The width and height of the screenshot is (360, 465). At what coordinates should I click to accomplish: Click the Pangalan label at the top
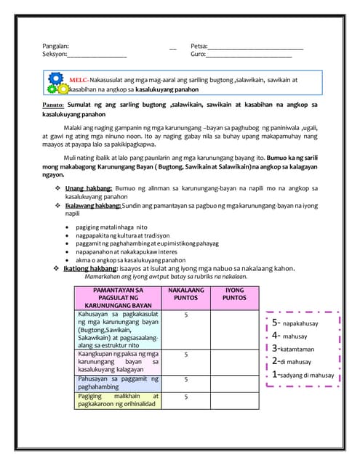pos(55,45)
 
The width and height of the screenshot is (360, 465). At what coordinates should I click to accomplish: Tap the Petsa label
pos(199,45)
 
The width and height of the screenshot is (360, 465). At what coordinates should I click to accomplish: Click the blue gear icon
pos(56,78)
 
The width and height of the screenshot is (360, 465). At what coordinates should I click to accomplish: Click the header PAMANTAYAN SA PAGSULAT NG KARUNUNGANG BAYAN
pos(119,297)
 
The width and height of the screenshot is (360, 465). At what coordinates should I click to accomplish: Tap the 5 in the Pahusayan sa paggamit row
pos(187,379)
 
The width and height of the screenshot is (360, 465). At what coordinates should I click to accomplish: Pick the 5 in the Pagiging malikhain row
pos(187,397)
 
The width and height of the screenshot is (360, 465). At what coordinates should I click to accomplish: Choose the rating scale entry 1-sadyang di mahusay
pos(303,375)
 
